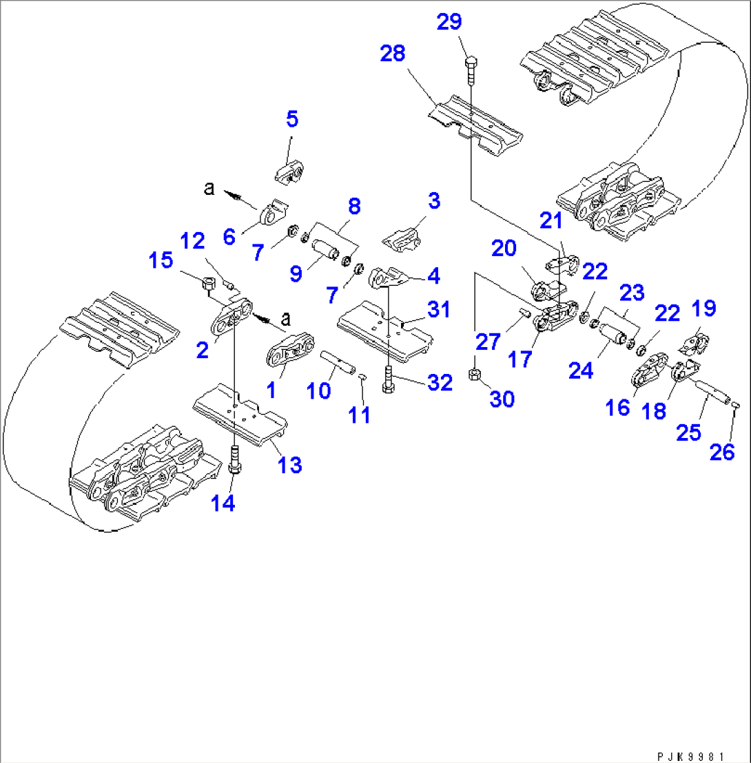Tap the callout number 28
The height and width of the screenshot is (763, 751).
393,54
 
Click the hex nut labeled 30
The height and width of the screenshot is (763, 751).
474,375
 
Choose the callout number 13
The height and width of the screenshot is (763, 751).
289,465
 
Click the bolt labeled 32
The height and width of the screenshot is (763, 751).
389,380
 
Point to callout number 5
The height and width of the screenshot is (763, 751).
292,119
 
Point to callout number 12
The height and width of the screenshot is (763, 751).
192,241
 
